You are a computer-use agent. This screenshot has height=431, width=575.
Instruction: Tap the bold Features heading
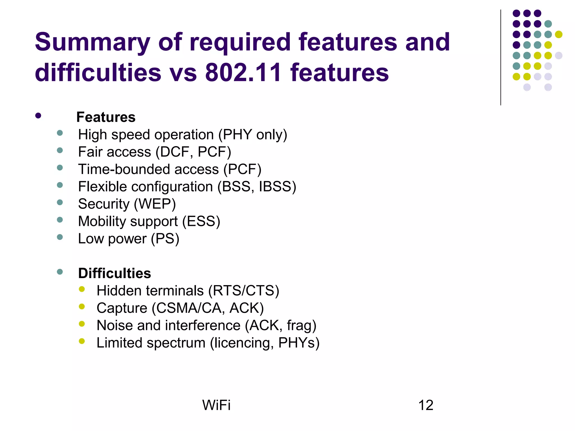(106, 117)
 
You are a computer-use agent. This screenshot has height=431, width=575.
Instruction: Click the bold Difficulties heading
(115, 273)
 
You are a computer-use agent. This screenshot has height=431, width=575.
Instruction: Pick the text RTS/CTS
(243, 290)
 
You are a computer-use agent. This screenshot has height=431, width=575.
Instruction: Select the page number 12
(426, 405)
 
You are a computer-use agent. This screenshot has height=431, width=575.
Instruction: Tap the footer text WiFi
(216, 405)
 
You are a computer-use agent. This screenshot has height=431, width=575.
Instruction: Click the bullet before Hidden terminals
(82, 289)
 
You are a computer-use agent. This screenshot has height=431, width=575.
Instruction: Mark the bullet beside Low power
(60, 237)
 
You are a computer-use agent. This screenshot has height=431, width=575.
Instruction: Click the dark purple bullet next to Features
(38, 116)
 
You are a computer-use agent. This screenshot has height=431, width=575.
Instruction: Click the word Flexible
(102, 187)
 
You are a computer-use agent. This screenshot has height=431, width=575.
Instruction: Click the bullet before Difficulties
(60, 272)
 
